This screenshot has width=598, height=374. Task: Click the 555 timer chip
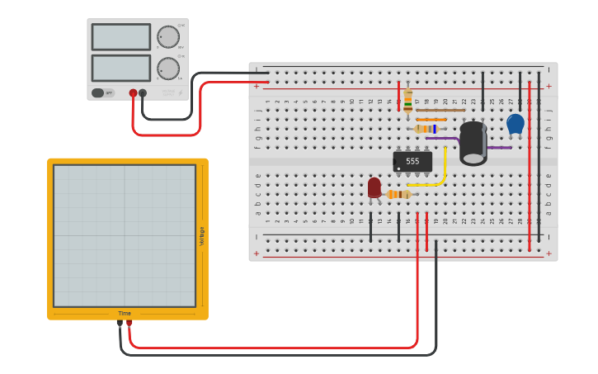pyautogui.click(x=412, y=161)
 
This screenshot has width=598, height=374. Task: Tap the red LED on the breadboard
pyautogui.click(x=374, y=187)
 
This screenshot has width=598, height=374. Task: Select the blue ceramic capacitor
pyautogui.click(x=515, y=124)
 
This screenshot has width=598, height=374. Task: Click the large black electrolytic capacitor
pyautogui.click(x=473, y=142)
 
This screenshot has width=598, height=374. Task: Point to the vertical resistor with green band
pyautogui.click(x=407, y=101)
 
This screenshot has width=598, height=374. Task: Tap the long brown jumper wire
pyautogui.click(x=440, y=110)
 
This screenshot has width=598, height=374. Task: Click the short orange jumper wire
pyautogui.click(x=431, y=120)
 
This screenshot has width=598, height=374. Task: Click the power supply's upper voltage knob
pyautogui.click(x=168, y=37)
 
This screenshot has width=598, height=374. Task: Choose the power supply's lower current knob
pyautogui.click(x=168, y=68)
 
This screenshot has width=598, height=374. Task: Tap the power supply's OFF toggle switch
pyautogui.click(x=99, y=93)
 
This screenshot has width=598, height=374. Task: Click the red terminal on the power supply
pyautogui.click(x=133, y=93)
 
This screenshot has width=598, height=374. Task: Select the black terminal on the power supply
pyautogui.click(x=143, y=93)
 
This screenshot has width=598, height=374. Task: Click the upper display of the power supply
pyautogui.click(x=121, y=37)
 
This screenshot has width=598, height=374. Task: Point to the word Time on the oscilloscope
pyautogui.click(x=125, y=314)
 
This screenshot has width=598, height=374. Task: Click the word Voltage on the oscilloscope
pyautogui.click(x=201, y=236)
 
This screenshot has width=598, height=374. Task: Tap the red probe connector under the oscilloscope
pyautogui.click(x=129, y=323)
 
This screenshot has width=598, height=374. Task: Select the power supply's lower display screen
pyautogui.click(x=121, y=68)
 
